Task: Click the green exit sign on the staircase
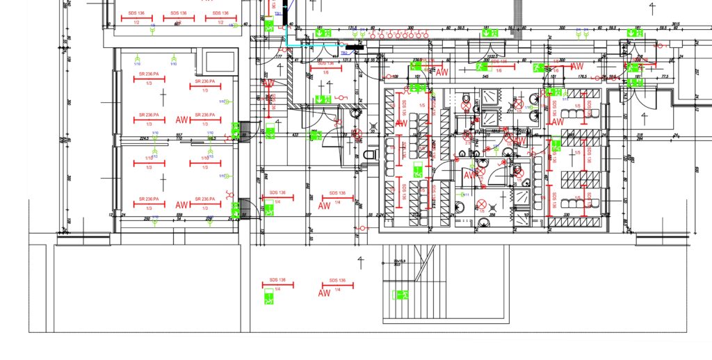pyautogui.click(x=399, y=295)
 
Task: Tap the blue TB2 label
pyautogui.click(x=343, y=53)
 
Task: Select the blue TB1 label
pyautogui.click(x=277, y=14)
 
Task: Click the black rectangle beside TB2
pyautogui.click(x=355, y=47)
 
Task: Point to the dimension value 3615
pyautogui.click(x=674, y=24)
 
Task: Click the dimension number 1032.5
pyautogui.click(x=494, y=57)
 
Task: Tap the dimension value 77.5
pyautogui.click(x=664, y=76)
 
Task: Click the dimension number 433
pyautogui.click(x=295, y=134)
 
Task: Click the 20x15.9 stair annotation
pyautogui.click(x=398, y=261)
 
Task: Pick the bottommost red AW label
pyautogui.click(x=323, y=293)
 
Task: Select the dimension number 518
pyautogui.click(x=639, y=136)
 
